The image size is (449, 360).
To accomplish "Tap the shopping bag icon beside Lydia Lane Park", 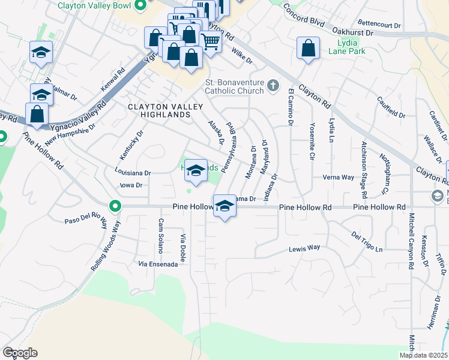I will [308, 49].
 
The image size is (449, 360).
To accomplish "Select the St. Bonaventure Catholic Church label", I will [234, 86].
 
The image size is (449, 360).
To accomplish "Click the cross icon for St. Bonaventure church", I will [273, 85].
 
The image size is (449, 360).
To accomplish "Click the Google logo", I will [20, 353].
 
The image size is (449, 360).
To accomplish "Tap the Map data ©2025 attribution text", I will [423, 355].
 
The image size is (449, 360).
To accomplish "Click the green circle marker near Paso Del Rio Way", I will [115, 207].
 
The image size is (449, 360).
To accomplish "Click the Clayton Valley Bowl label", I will [94, 6].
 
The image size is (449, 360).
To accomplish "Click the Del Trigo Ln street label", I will [367, 243].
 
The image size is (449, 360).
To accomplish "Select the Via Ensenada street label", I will [158, 263].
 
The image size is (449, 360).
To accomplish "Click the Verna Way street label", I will [339, 178].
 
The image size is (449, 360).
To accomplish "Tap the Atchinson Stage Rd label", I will [364, 170].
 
